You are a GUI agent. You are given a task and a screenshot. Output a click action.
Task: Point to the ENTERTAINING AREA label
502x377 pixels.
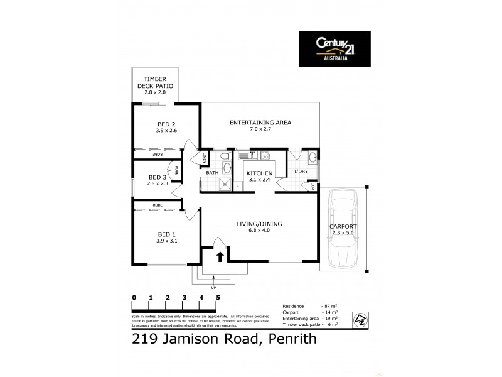[260, 122]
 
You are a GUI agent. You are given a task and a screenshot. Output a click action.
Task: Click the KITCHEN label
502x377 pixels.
[259, 173]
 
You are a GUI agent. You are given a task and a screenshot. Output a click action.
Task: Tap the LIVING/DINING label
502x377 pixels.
[260, 222]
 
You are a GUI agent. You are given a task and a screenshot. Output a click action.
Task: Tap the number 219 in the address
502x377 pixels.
[145, 340]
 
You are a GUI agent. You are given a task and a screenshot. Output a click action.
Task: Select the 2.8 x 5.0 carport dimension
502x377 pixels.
[343, 233]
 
